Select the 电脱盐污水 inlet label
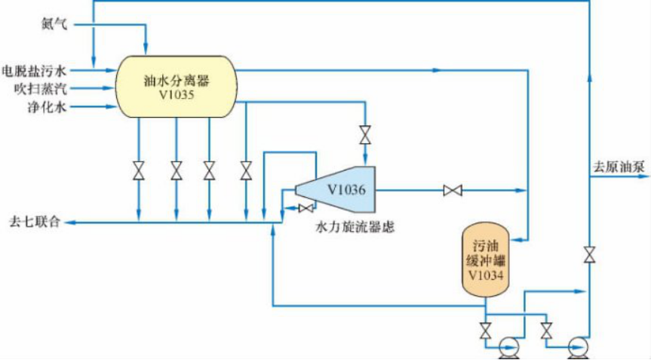[x=35, y=72]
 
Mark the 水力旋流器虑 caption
[x=355, y=226]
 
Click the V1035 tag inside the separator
[x=175, y=95]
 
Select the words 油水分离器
[x=175, y=78]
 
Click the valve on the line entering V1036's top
[x=366, y=134]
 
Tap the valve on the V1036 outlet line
[x=453, y=191]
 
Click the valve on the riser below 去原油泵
[x=588, y=255]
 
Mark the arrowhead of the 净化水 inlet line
[x=110, y=107]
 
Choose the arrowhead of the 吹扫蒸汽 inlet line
[x=110, y=89]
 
